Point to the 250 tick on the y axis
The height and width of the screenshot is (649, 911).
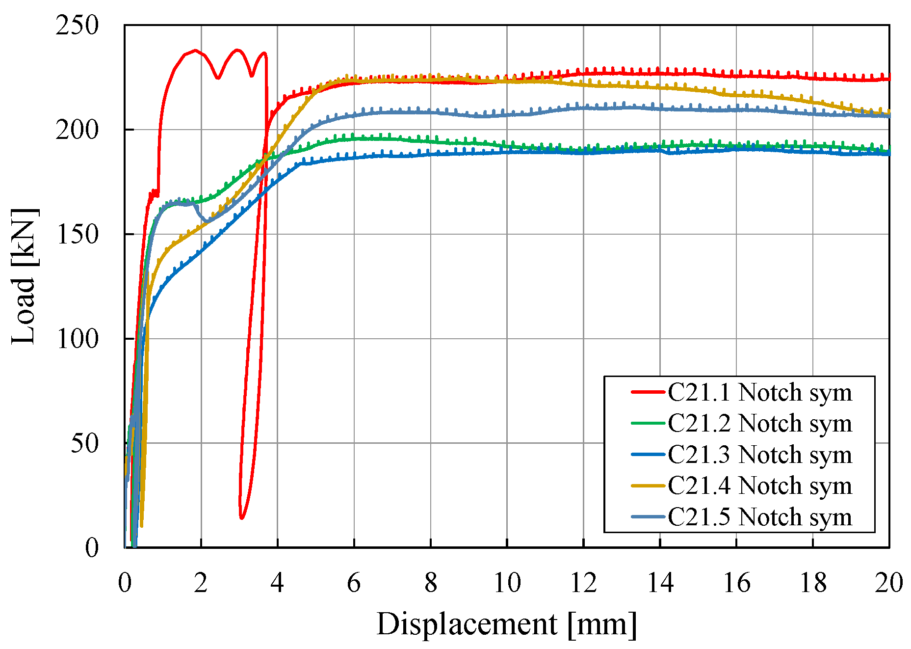pos(78,26)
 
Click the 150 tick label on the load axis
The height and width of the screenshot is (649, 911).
pos(78,234)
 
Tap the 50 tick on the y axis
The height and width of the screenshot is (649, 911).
pos(84,443)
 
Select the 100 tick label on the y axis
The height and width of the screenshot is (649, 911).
pos(78,339)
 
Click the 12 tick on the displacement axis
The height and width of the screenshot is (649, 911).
pos(583,583)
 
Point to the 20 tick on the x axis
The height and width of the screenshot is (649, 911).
pos(888,583)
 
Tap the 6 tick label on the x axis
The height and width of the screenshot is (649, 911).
pos(354,583)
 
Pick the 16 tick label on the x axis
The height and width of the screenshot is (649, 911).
pos(736,583)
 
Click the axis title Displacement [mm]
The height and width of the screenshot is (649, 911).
pos(507,624)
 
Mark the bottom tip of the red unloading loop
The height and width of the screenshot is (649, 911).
pos(241,517)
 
